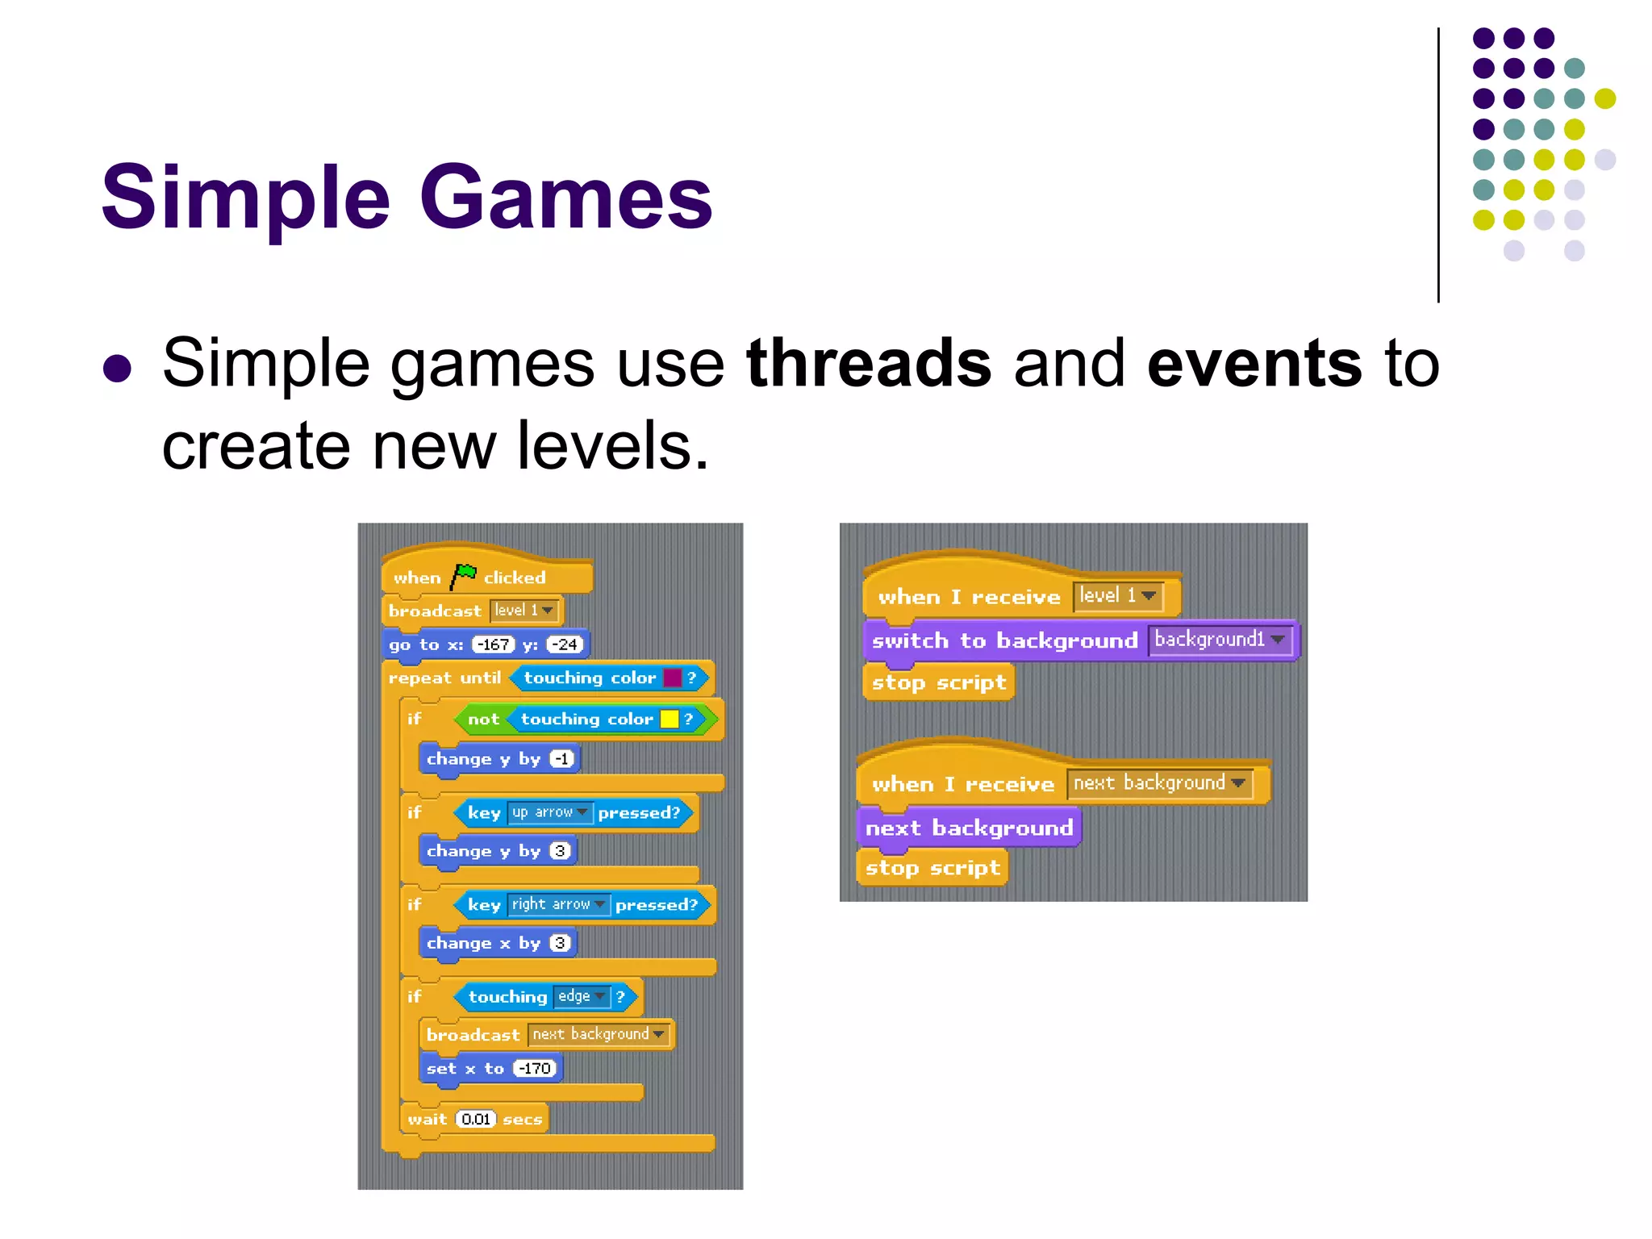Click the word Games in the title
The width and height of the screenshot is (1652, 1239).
566,198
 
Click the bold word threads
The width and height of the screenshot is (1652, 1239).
869,363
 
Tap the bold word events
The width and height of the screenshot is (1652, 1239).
1254,363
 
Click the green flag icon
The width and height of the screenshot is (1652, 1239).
463,576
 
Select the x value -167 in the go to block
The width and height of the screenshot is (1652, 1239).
493,645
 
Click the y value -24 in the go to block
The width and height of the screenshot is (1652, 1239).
565,645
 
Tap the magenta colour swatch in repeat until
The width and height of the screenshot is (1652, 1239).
672,678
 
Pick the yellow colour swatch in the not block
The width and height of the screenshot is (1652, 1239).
669,719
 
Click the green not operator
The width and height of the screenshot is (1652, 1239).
483,719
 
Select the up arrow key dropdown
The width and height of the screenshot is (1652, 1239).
549,812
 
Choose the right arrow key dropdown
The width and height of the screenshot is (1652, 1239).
558,904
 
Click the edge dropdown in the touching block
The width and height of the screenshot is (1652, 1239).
582,996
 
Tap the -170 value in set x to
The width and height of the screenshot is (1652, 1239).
535,1069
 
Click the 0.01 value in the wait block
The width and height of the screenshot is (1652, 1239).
476,1119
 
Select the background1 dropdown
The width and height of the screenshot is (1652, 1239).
1219,640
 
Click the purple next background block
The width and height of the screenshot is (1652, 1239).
969,828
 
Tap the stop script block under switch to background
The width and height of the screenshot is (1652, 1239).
938,682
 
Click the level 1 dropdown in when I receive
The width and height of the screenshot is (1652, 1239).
1117,596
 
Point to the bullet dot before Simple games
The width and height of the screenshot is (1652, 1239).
118,369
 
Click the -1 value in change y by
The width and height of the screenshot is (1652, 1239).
562,759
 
